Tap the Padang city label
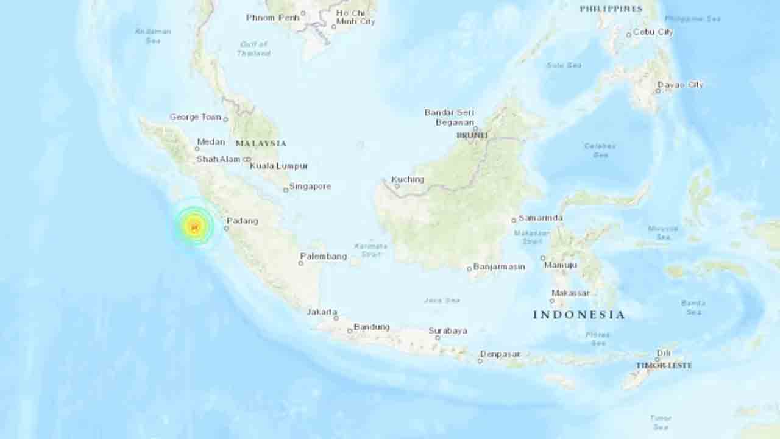[243, 221]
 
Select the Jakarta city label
[322, 312]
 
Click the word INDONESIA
[579, 315]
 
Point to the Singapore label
[310, 186]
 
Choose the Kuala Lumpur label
[279, 166]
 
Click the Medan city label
[211, 141]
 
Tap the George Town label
[195, 117]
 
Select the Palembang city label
[324, 256]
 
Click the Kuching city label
[408, 179]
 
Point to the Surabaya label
[448, 330]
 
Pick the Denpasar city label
[500, 354]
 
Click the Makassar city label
[570, 293]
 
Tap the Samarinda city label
[541, 218]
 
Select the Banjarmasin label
[500, 266]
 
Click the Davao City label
[680, 85]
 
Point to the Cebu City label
[653, 32]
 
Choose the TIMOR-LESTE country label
[664, 365]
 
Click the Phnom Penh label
[273, 17]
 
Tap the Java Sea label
[442, 301]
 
